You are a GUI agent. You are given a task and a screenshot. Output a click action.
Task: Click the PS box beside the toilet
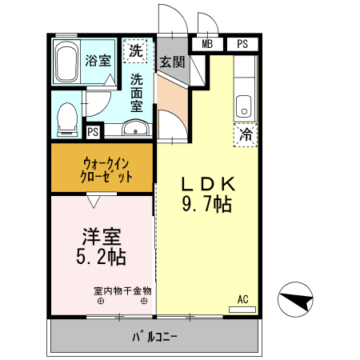93,132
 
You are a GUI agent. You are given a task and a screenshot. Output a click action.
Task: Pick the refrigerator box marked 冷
246,134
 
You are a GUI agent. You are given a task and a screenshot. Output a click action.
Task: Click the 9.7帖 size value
206,205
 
